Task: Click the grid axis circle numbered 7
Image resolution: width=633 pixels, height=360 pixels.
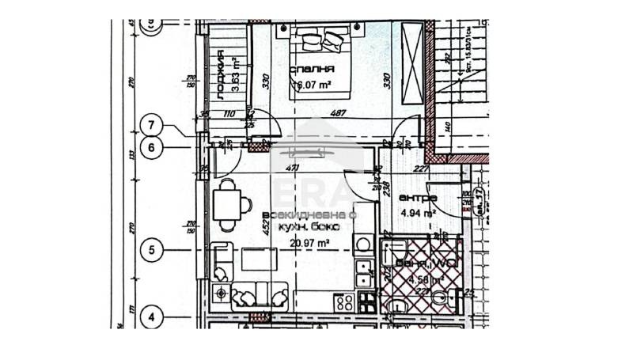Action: (x=154, y=124)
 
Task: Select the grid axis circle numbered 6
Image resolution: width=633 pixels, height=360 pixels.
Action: (x=154, y=146)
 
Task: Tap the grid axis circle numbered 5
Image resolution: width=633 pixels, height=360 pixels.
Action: (x=154, y=251)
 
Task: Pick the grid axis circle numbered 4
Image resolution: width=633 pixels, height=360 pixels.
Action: (x=154, y=318)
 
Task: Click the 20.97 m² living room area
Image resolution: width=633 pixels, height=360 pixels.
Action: (x=309, y=244)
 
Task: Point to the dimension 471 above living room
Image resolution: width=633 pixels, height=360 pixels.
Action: (x=291, y=168)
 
